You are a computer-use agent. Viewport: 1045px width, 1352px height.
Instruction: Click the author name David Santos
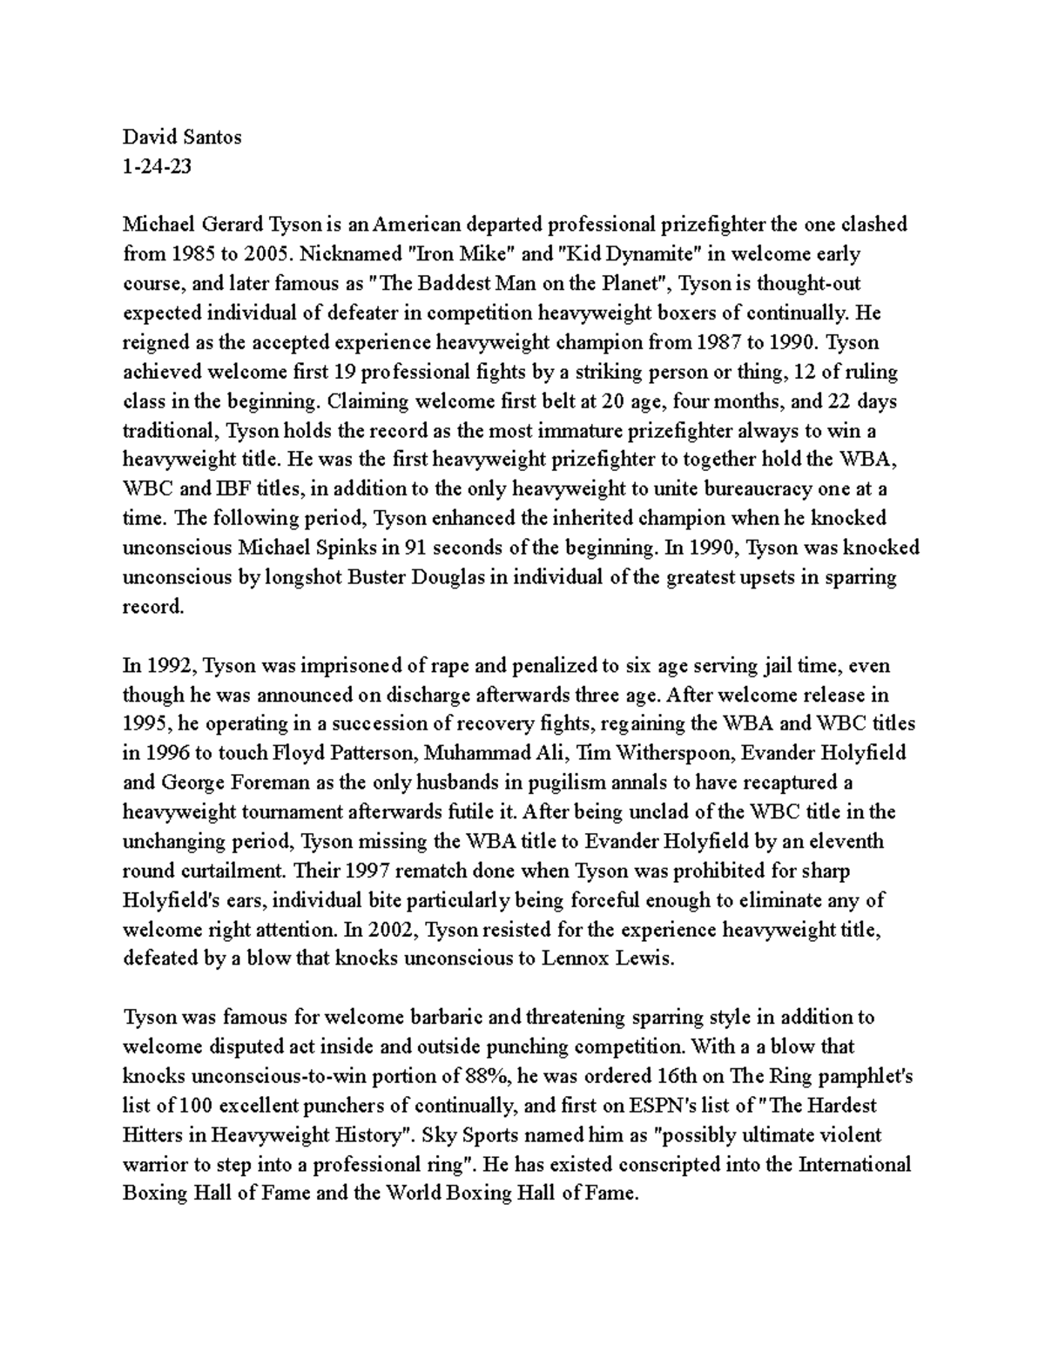tap(181, 137)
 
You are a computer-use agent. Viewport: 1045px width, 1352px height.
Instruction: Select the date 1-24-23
tap(157, 166)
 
